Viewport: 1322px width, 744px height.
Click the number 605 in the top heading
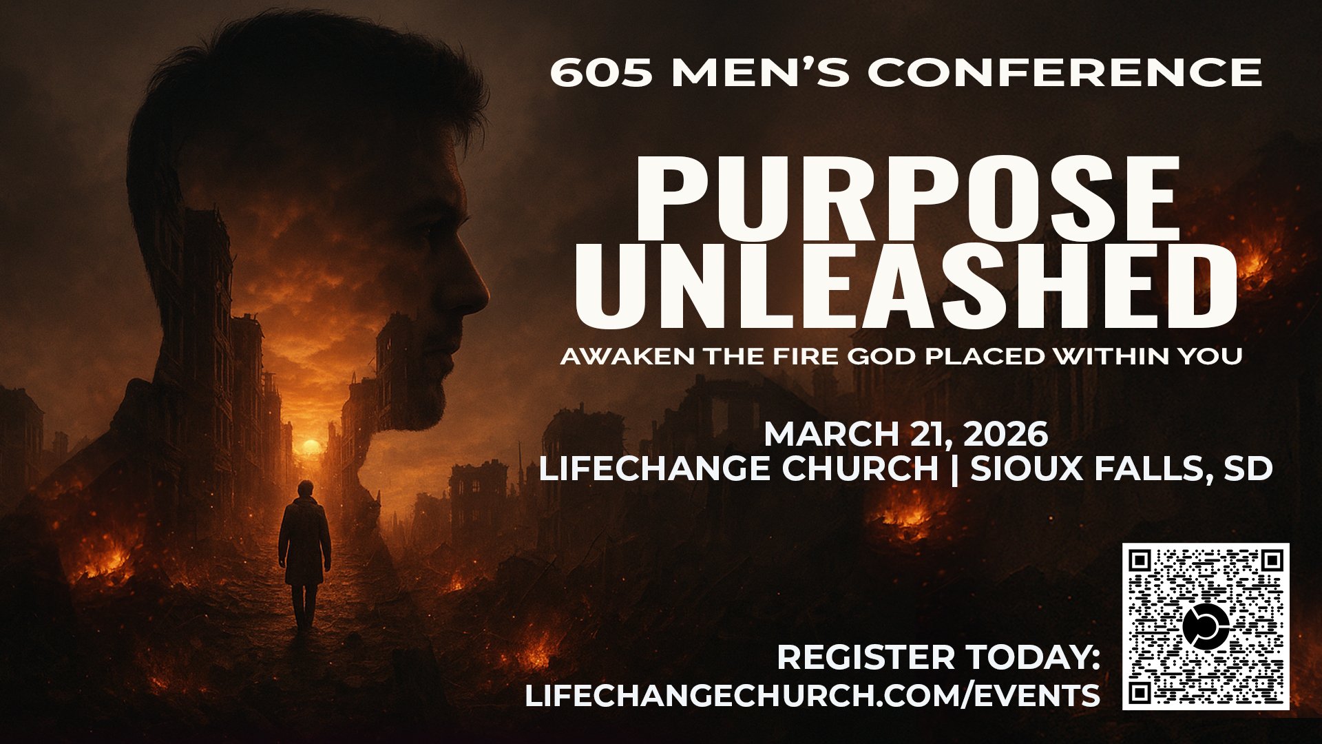pyautogui.click(x=600, y=72)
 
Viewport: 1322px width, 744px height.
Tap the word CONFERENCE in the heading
pyautogui.click(x=1064, y=72)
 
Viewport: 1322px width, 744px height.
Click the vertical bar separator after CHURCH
pyautogui.click(x=954, y=470)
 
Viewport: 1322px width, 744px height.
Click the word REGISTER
pyautogui.click(x=865, y=658)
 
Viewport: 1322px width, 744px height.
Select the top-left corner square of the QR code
pyautogui.click(x=1140, y=561)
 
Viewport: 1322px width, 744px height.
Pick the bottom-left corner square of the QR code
pyautogui.click(x=1140, y=692)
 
